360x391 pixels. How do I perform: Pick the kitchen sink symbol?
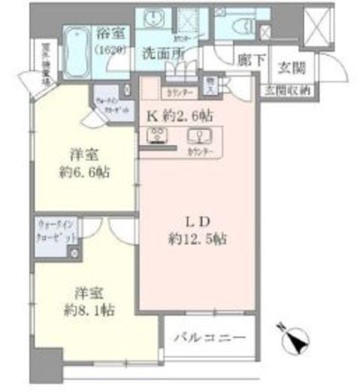[201, 137]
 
